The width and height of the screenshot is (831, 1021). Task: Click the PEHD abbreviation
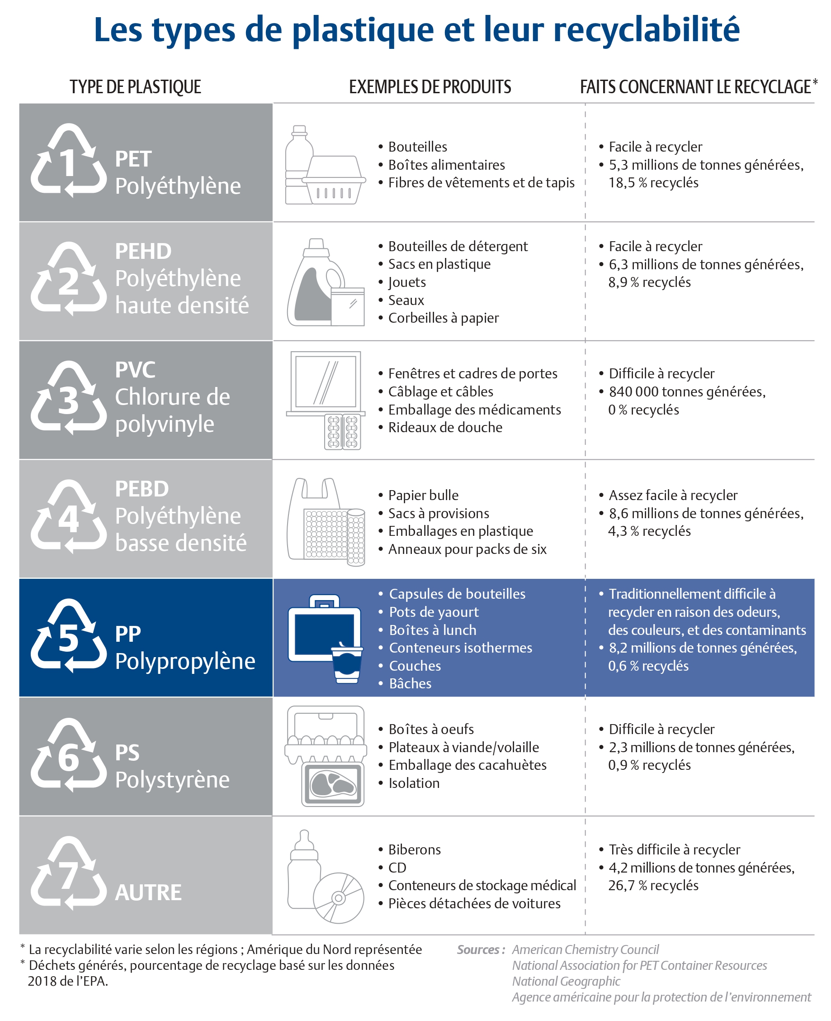pyautogui.click(x=143, y=252)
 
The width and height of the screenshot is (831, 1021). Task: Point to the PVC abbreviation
pyautogui.click(x=135, y=370)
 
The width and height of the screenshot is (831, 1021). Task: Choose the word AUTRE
pyautogui.click(x=148, y=892)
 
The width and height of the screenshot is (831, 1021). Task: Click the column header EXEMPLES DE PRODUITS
pyautogui.click(x=430, y=87)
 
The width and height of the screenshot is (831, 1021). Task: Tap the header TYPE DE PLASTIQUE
pyautogui.click(x=136, y=87)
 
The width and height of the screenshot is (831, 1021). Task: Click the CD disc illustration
pyautogui.click(x=339, y=898)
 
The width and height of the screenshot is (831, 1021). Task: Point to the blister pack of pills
pyautogui.click(x=342, y=432)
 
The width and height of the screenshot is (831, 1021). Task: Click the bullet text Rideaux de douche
pyautogui.click(x=445, y=427)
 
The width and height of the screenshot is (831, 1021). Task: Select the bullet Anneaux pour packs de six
pyautogui.click(x=467, y=549)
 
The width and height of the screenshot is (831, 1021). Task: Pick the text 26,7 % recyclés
pyautogui.click(x=653, y=885)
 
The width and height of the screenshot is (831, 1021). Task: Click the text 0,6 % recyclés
pyautogui.click(x=648, y=666)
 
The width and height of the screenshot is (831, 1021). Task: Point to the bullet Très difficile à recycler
pyautogui.click(x=675, y=849)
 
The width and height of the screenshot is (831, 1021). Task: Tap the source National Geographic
pyautogui.click(x=567, y=981)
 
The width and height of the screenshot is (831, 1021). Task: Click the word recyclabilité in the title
pyautogui.click(x=647, y=30)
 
